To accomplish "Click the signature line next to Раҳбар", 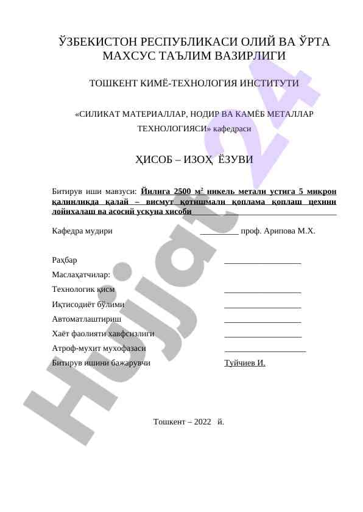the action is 263,262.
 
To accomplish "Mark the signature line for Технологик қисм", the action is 263,291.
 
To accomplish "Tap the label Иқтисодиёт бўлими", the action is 89,305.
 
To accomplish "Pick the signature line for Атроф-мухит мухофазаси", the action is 265,350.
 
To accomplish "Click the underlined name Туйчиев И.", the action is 245,364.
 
